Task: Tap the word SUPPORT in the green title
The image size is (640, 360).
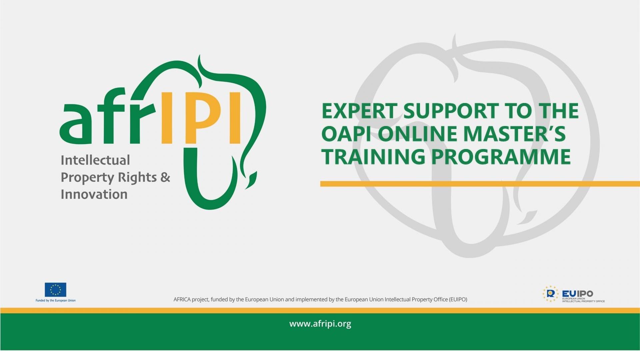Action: pyautogui.click(x=451, y=111)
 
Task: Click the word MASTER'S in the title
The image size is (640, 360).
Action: pyautogui.click(x=515, y=134)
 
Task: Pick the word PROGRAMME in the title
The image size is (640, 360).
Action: pyautogui.click(x=501, y=157)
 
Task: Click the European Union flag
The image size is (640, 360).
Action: pyautogui.click(x=55, y=290)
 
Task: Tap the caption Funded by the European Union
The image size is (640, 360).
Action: pyautogui.click(x=56, y=301)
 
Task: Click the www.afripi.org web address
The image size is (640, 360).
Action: pyautogui.click(x=320, y=324)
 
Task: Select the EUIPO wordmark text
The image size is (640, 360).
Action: pyautogui.click(x=577, y=294)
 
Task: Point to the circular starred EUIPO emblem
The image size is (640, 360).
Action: pyautogui.click(x=550, y=294)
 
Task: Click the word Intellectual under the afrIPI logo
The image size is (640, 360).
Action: pyautogui.click(x=95, y=160)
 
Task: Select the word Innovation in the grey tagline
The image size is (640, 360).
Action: pyautogui.click(x=94, y=194)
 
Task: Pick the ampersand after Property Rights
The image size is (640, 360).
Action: pyautogui.click(x=165, y=177)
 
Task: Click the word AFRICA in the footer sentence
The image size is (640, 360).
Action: pyautogui.click(x=182, y=299)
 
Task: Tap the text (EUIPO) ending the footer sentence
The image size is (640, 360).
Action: pyautogui.click(x=458, y=299)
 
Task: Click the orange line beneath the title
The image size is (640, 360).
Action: pyautogui.click(x=480, y=184)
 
